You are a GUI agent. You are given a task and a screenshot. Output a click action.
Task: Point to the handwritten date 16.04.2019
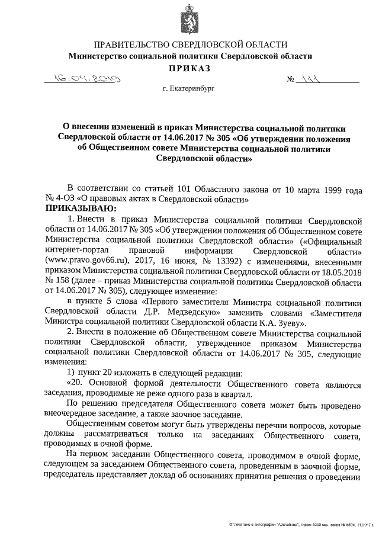coord(86,78)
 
